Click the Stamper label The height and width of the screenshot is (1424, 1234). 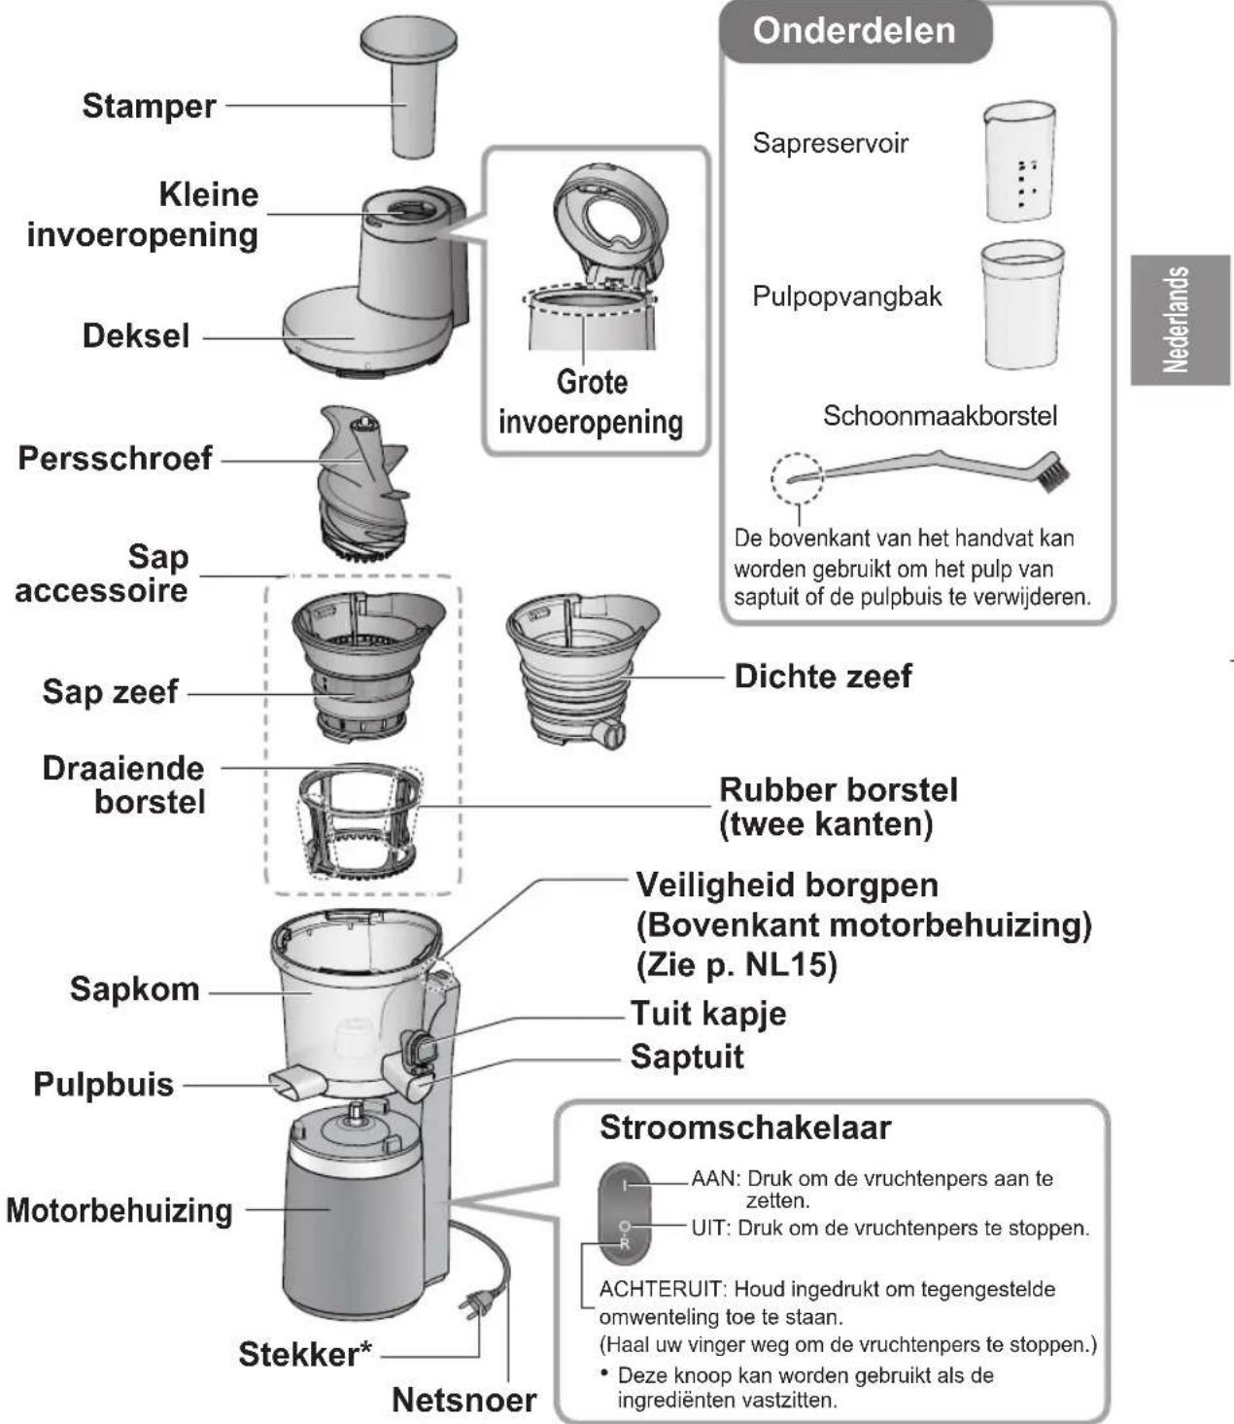(x=149, y=106)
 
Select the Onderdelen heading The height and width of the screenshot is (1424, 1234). (x=854, y=31)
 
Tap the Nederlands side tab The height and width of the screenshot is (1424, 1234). (x=1178, y=320)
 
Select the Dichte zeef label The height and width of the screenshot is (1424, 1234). (x=822, y=677)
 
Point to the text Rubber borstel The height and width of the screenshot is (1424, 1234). (x=838, y=789)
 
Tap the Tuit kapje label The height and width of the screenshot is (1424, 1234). (x=708, y=1013)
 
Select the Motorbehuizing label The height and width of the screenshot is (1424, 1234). (x=120, y=1211)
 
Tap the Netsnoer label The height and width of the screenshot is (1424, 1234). (x=463, y=1400)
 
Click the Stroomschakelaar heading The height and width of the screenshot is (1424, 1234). (x=744, y=1128)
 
